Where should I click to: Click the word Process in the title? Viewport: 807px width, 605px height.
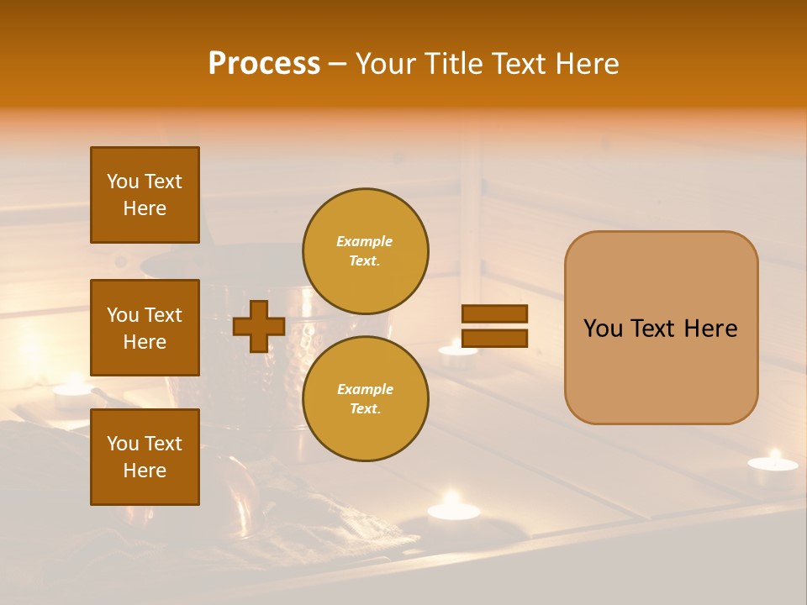264,64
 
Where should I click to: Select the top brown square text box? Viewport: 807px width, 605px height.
145,195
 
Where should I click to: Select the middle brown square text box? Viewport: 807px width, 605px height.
145,328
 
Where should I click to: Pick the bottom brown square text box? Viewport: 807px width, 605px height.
145,457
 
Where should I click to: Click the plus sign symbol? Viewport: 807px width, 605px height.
259,326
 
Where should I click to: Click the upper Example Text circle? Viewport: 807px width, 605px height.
365,250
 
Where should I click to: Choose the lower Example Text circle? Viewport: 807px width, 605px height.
365,398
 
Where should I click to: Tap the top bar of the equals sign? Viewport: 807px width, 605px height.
494,314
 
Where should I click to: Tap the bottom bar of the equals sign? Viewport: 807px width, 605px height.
494,338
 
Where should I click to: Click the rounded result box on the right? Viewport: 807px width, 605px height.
661,328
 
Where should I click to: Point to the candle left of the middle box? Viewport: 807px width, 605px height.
72,389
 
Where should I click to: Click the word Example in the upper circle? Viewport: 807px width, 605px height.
365,241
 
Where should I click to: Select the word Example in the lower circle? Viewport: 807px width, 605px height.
365,389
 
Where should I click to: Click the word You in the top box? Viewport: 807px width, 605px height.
122,181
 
